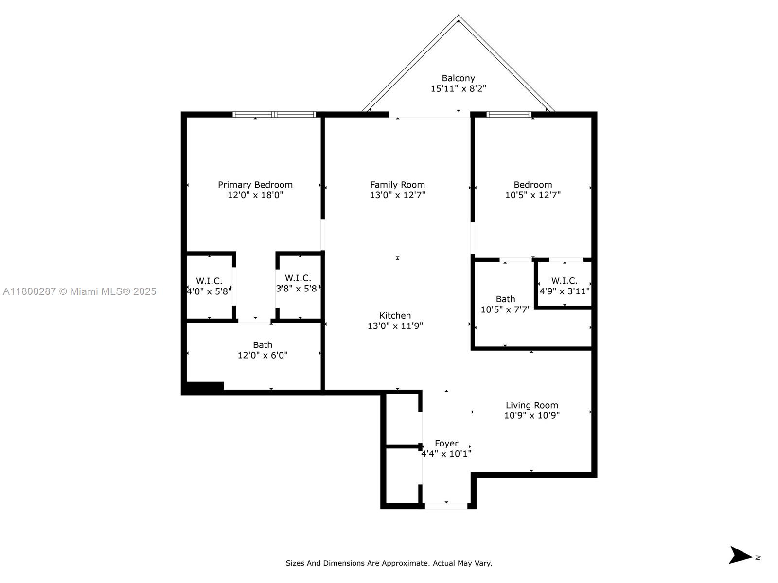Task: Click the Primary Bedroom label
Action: point(255,185)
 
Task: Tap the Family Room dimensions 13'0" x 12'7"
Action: point(397,195)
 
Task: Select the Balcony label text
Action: point(458,78)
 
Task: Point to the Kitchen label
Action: point(395,315)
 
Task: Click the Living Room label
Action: point(531,405)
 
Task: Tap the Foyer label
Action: point(446,444)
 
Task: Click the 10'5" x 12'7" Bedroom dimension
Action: point(533,195)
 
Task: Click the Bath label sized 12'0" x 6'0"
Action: point(262,345)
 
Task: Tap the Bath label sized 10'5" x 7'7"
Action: point(505,299)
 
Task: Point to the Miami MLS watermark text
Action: point(79,291)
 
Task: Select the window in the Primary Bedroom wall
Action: point(274,114)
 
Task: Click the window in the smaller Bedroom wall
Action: point(509,114)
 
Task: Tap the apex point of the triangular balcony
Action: point(458,15)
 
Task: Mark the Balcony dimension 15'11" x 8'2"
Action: point(458,88)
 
